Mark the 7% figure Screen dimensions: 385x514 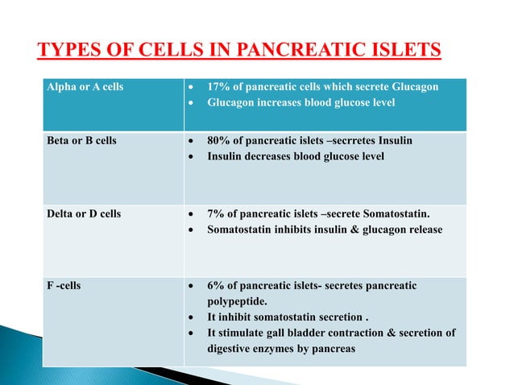(x=215, y=215)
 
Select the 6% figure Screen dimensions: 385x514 (x=215, y=285)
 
